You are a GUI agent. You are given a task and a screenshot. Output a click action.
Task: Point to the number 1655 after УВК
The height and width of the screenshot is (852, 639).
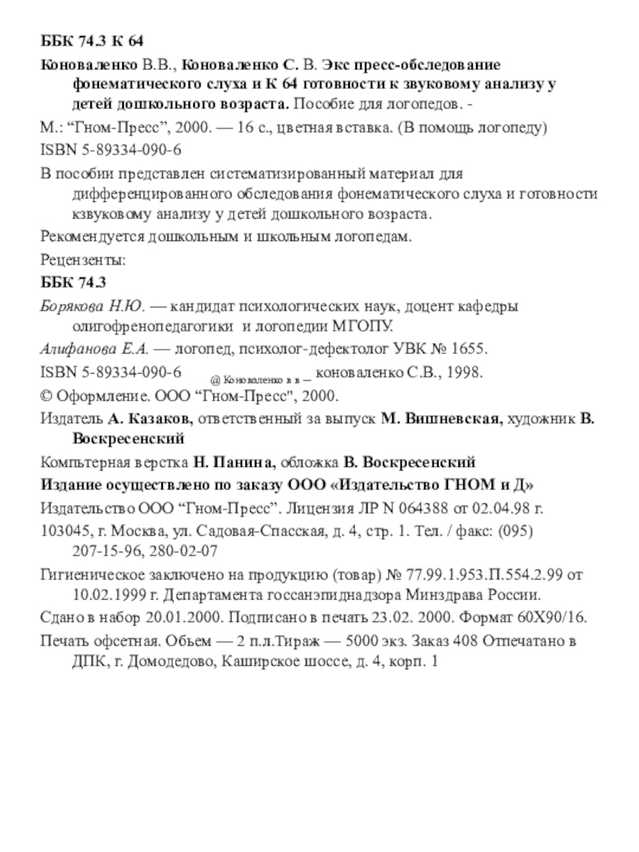point(468,350)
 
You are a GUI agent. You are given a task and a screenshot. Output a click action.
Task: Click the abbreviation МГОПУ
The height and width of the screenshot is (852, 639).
point(367,327)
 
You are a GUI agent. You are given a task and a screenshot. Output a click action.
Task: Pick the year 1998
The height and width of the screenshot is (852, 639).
point(463,373)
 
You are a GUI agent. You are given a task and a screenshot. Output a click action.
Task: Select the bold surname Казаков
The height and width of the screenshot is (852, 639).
point(157,418)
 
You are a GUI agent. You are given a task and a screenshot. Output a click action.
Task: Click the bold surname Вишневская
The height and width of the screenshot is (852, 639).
point(450,418)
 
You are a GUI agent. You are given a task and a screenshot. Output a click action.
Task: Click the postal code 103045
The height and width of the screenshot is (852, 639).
point(62,529)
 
